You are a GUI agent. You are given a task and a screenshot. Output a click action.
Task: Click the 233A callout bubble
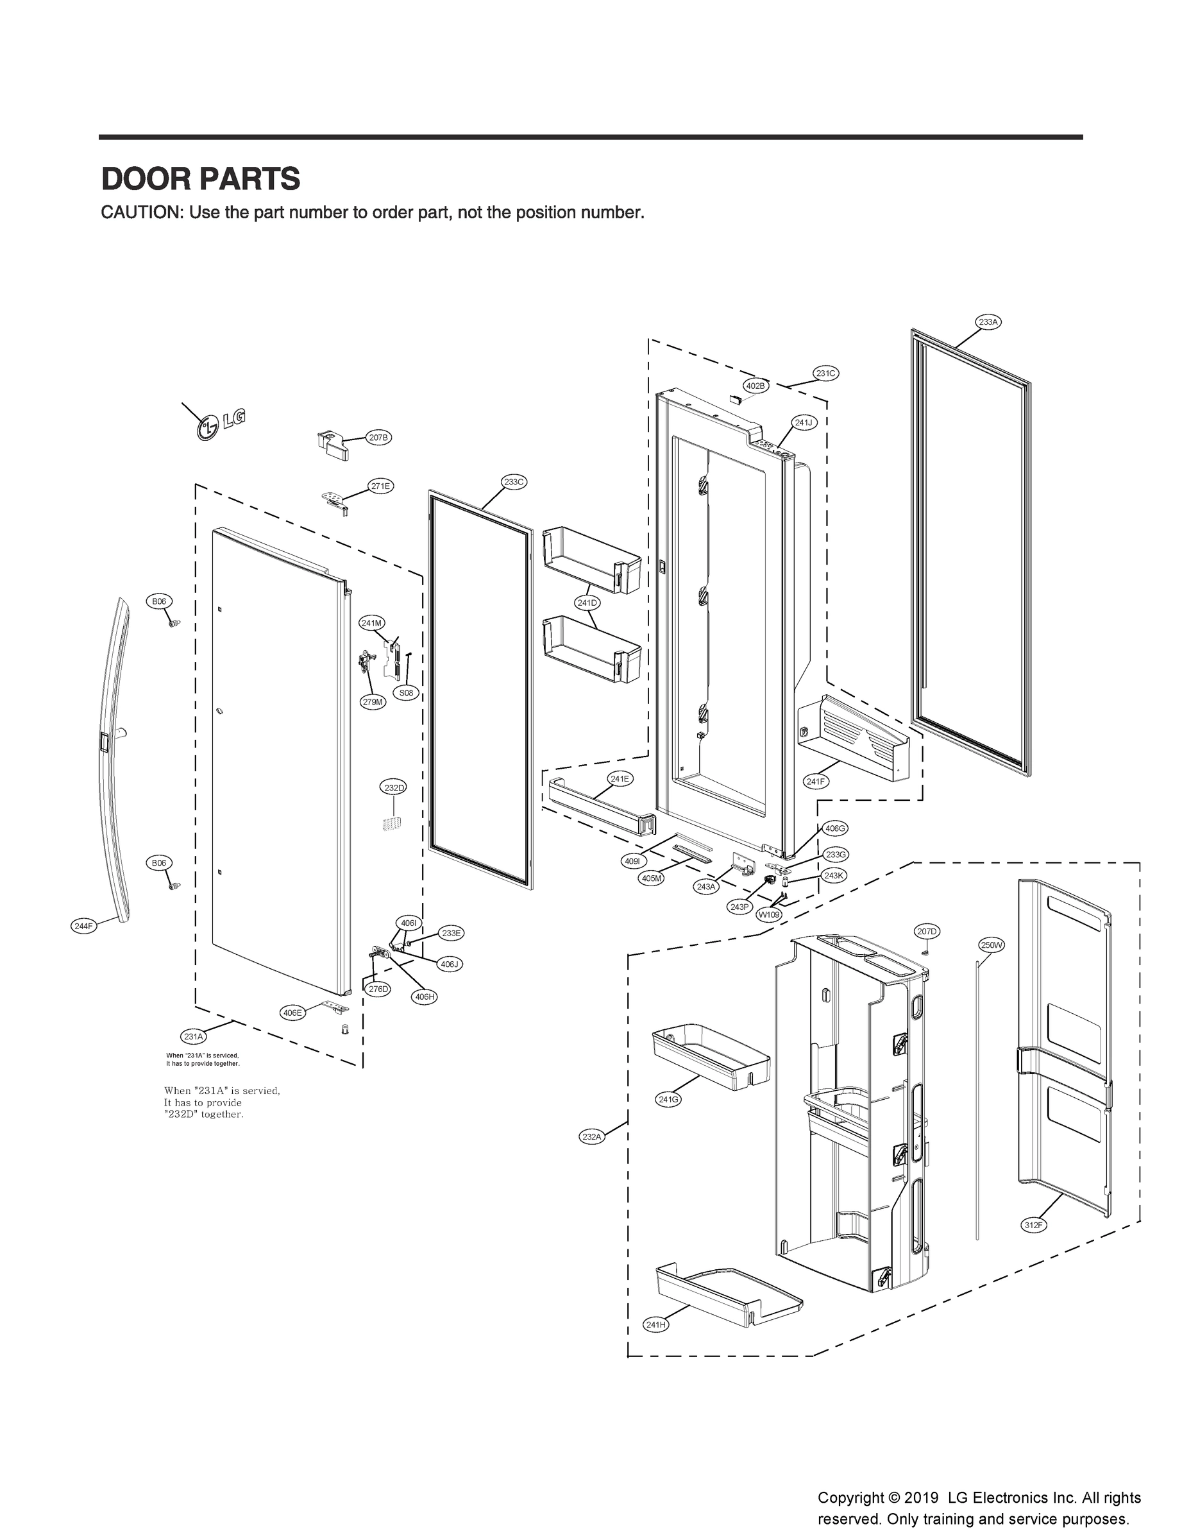pos(988,322)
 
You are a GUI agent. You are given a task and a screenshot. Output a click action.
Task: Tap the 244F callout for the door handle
pos(84,927)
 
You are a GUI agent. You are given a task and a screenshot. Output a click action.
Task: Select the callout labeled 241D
pos(587,603)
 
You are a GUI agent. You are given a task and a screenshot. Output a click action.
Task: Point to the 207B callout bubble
pos(378,438)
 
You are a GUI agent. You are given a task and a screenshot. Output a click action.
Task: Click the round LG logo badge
pos(208,428)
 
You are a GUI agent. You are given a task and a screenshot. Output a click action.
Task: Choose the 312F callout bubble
pos(1034,1226)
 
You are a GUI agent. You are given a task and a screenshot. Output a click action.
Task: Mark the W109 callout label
pos(768,916)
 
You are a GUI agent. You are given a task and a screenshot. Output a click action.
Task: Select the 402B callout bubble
pos(756,386)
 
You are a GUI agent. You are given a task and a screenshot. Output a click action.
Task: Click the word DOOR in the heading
pos(142,180)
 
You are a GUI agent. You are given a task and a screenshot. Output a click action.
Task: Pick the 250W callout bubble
pos(992,945)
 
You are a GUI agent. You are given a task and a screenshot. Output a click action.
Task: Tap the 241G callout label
pos(668,1099)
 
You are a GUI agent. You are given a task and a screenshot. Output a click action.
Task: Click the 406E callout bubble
pos(292,1013)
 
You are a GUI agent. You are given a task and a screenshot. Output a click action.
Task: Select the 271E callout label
pos(380,486)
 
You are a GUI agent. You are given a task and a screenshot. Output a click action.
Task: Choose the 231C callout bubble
pos(826,373)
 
